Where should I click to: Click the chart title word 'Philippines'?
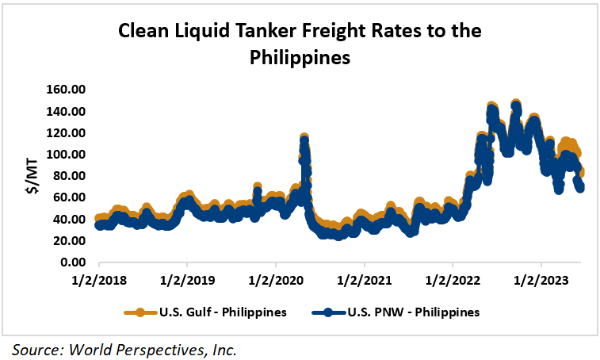300,58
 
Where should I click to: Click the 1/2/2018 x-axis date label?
98,279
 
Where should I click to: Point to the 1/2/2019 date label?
187,279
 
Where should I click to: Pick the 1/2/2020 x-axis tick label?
276,279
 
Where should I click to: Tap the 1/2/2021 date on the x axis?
364,279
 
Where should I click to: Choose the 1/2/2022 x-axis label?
453,279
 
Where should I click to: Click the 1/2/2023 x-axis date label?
541,279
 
